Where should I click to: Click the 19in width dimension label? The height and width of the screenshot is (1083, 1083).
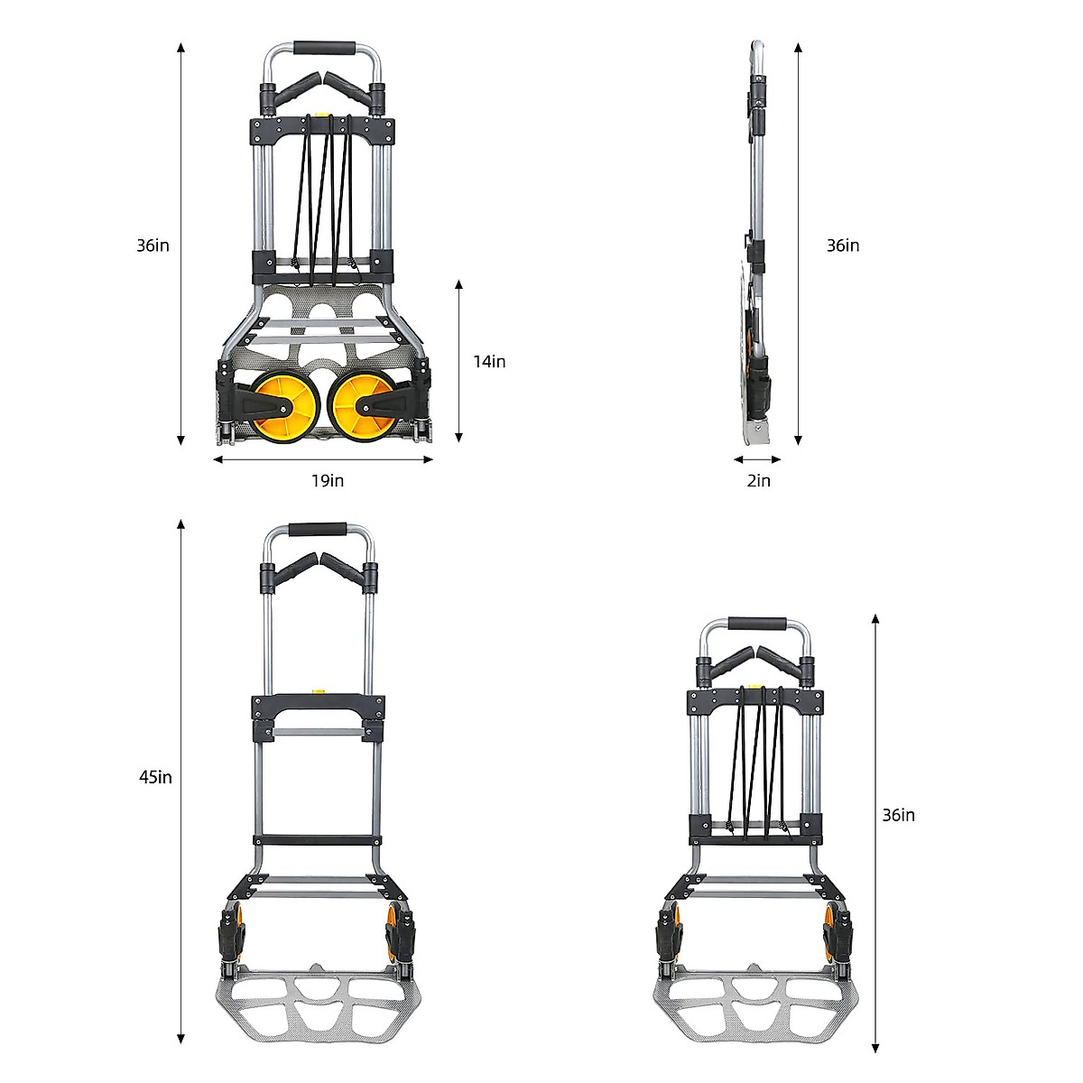328,481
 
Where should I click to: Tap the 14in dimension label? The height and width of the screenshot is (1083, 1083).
489,362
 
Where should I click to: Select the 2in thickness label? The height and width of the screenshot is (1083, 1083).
759,481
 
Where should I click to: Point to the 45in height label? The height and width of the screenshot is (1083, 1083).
155,777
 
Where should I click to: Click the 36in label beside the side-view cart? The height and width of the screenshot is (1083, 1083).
843,245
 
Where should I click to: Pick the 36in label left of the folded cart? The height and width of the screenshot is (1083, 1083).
153,245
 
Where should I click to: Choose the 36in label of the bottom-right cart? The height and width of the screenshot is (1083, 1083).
899,816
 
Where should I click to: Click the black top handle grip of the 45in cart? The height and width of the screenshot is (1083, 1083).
318,531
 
